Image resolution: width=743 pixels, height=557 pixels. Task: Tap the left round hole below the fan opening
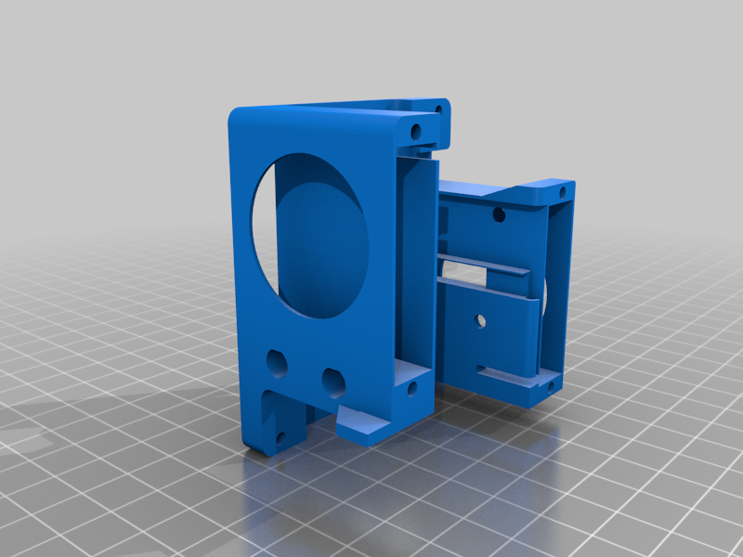[x=277, y=359]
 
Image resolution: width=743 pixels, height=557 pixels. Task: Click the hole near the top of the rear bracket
[x=499, y=216]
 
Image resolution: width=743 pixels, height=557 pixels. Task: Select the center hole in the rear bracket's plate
[x=480, y=320]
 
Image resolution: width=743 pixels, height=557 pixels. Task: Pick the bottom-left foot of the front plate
[x=269, y=427]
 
